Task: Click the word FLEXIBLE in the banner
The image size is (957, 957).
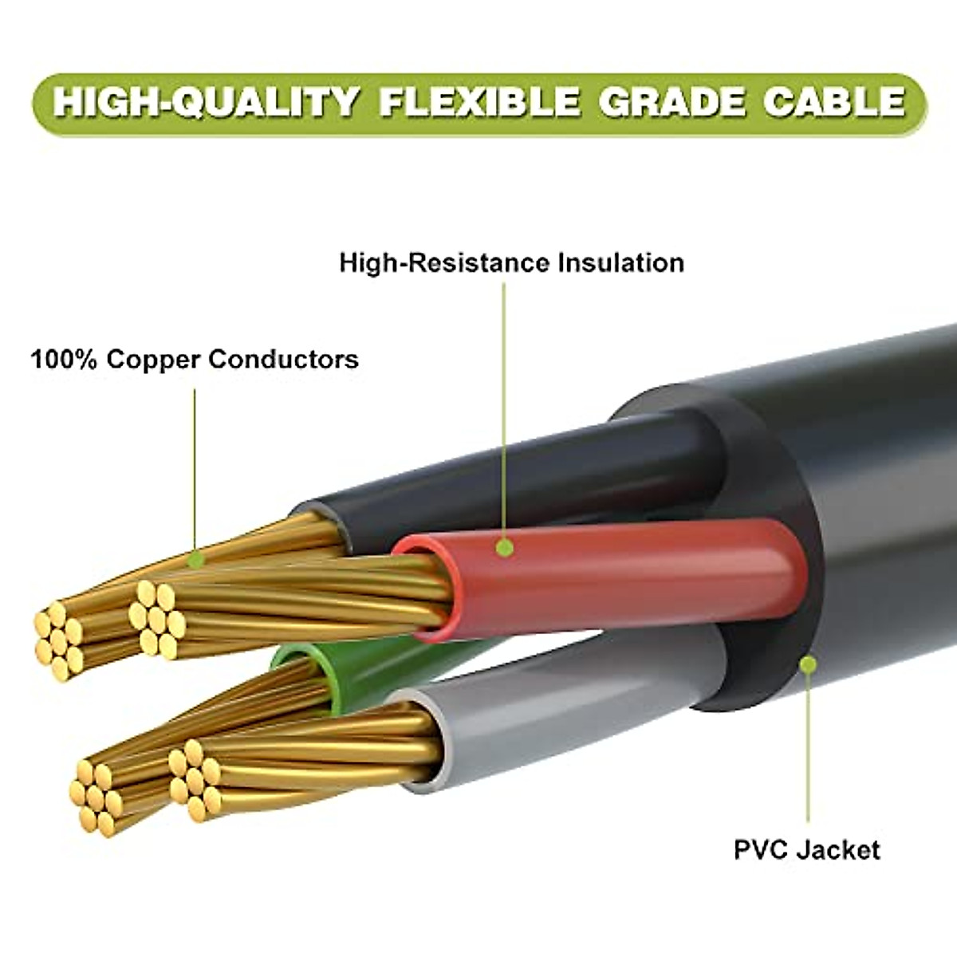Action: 479,103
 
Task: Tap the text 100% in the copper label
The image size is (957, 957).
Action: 64,359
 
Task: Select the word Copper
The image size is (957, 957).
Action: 152,359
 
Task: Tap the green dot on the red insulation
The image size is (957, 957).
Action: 504,548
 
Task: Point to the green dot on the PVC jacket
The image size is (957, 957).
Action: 808,664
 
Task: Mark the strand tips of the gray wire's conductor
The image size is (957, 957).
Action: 194,778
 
